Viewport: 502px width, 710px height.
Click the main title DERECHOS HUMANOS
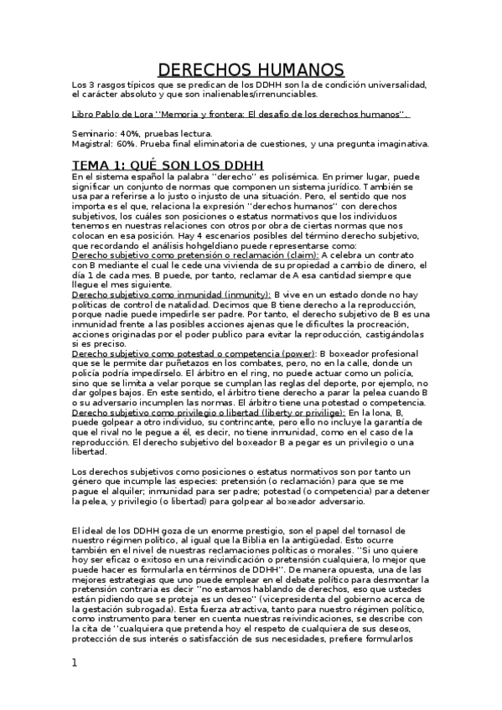pos(251,69)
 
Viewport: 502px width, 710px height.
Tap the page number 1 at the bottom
pos(75,662)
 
